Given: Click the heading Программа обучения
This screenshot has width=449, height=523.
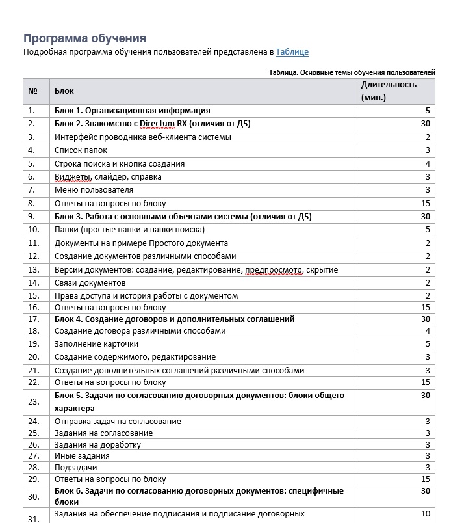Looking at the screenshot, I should tap(84, 38).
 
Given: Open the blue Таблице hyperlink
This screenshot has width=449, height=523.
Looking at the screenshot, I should tap(292, 52).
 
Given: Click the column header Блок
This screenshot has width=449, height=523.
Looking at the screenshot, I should tap(64, 91).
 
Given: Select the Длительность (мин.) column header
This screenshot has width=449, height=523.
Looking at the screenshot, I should tap(389, 90).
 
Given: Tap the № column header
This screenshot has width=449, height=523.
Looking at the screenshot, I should tap(33, 91).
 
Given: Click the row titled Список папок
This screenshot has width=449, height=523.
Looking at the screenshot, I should tap(81, 150).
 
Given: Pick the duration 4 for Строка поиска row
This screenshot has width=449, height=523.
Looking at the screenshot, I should tap(428, 164).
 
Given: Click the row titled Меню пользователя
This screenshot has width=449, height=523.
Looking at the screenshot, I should tap(94, 190).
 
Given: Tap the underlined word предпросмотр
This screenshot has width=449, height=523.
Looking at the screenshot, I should tap(274, 269).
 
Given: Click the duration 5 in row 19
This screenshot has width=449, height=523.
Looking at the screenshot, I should tap(428, 344).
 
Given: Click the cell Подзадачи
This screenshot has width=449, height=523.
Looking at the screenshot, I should tap(75, 468).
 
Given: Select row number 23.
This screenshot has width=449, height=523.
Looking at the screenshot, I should tap(34, 402).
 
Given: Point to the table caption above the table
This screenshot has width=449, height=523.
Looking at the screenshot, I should tap(352, 72).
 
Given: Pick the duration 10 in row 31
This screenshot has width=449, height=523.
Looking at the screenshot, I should tap(426, 514).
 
